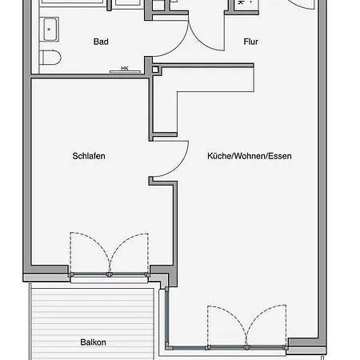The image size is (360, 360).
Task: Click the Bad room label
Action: click(101, 42)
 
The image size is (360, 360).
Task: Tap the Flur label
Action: click(250, 42)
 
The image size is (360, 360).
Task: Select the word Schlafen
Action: click(89, 156)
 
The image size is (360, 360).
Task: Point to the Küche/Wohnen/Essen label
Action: click(250, 156)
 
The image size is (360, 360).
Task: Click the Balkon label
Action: click(93, 342)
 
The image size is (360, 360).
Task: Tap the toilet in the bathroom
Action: click(50, 57)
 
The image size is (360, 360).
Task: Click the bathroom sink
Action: click(49, 30)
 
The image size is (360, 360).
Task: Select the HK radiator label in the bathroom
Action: click(125, 69)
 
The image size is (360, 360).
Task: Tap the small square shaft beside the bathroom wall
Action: click(155, 70)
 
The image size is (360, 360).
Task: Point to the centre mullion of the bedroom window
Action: click(109, 274)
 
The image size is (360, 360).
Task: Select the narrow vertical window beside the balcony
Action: click(167, 318)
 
